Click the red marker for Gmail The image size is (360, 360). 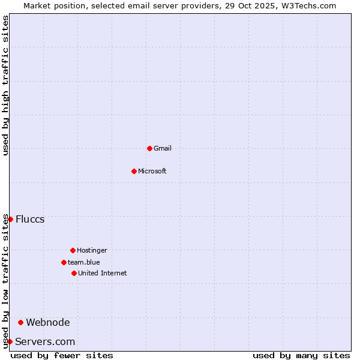(149, 148)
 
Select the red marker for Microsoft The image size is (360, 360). (134, 171)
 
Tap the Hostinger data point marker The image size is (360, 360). (73, 250)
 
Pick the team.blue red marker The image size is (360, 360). (64, 262)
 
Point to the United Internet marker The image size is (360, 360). (74, 273)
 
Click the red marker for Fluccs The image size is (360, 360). (10, 219)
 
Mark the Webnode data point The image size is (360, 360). (20, 322)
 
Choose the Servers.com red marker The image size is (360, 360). (10, 341)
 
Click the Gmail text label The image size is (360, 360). (163, 148)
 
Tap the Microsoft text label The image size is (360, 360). (152, 171)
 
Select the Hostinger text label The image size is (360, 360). (92, 250)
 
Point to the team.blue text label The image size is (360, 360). (84, 262)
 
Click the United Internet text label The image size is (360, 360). (103, 273)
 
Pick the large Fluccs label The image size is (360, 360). (30, 219)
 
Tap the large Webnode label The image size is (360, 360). (48, 322)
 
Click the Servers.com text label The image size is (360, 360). (45, 341)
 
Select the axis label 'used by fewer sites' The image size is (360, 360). (62, 355)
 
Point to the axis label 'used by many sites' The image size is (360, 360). (301, 355)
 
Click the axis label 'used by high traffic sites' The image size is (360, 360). (5, 85)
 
